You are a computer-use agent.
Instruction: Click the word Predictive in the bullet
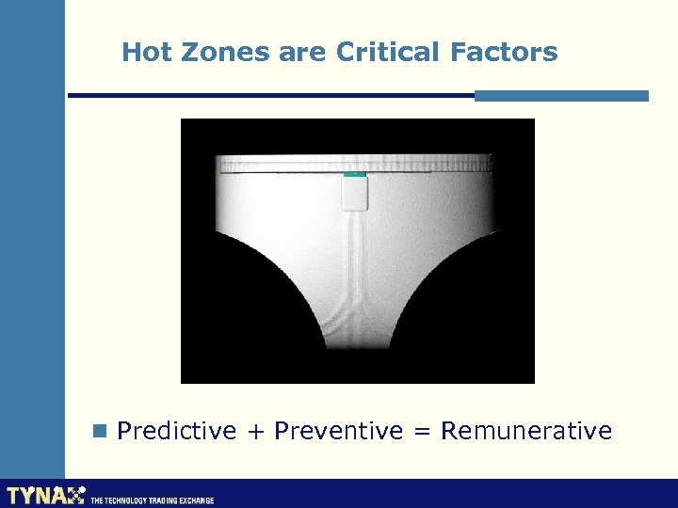pos(177,431)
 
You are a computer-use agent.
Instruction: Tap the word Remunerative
pos(526,431)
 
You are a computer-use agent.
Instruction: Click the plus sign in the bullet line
pos(255,432)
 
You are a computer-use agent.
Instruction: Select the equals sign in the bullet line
pos(422,432)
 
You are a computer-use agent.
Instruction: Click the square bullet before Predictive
pos(100,431)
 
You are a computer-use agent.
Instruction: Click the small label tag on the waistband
pos(354,192)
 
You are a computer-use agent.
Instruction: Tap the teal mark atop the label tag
pos(354,174)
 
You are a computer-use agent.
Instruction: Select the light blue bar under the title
pos(561,95)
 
